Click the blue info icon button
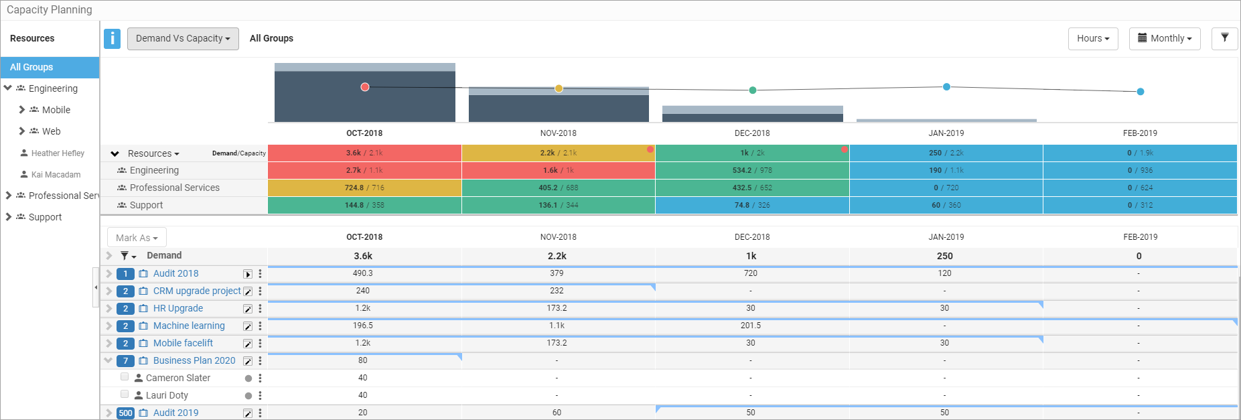112,38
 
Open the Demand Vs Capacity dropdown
183,38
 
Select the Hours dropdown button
1093,38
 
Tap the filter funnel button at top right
1224,38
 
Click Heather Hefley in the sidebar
58,153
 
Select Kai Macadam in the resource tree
56,175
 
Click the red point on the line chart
365,87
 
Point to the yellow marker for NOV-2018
559,88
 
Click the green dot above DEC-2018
753,90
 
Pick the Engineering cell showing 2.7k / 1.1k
364,170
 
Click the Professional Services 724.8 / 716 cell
364,188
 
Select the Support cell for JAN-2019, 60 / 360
946,205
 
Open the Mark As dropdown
137,238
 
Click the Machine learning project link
189,326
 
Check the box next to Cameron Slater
125,376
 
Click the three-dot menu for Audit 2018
261,273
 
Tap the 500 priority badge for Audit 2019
125,413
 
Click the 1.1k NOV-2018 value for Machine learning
557,326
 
